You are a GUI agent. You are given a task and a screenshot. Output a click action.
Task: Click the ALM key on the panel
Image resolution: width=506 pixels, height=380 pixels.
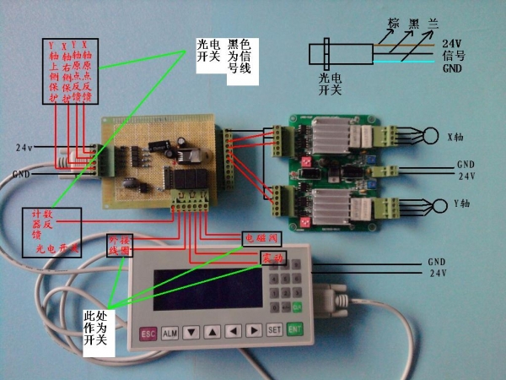coord(170,333)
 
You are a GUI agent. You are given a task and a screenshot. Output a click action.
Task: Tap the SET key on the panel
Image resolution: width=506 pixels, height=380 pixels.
coord(275,330)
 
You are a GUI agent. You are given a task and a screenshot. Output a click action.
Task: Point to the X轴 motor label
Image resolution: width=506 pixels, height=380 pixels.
coord(454,135)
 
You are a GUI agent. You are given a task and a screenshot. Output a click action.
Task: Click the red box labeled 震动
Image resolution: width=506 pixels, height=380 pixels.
coord(274,255)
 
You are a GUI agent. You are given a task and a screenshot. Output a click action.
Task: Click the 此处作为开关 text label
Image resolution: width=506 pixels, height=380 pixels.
coord(95,328)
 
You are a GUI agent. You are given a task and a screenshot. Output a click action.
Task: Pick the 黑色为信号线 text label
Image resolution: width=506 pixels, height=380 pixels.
coord(240,56)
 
